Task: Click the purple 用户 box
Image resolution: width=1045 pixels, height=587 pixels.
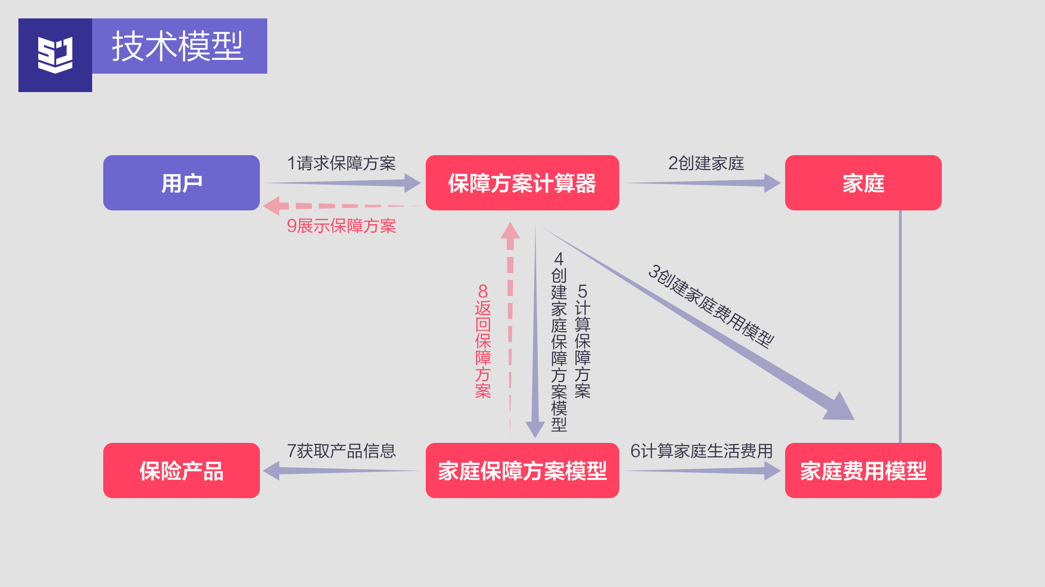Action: (x=181, y=183)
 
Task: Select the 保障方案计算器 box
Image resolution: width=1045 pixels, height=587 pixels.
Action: (x=522, y=183)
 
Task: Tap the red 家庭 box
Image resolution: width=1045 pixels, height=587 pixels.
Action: (x=863, y=183)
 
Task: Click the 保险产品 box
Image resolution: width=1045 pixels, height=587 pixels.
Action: (x=181, y=471)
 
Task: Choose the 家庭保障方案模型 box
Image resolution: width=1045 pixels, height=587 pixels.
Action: (x=522, y=471)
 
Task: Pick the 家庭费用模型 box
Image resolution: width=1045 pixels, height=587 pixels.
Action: (x=863, y=471)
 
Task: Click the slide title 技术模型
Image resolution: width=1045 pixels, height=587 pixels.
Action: (x=178, y=46)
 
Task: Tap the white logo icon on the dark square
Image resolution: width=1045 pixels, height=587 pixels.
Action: (x=55, y=55)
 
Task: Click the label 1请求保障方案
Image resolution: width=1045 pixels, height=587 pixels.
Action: (x=341, y=163)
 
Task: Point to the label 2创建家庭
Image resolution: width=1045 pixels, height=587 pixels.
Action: (x=706, y=163)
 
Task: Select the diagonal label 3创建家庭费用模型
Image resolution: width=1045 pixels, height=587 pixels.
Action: (x=711, y=306)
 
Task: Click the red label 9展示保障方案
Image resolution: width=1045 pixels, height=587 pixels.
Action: (x=341, y=226)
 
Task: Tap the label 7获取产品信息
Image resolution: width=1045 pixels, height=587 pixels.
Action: (x=341, y=451)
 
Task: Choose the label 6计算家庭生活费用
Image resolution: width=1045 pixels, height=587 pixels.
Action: (x=701, y=451)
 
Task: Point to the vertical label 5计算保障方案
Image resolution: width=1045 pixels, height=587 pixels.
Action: (x=582, y=341)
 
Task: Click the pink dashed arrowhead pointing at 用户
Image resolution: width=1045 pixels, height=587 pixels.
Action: (x=273, y=206)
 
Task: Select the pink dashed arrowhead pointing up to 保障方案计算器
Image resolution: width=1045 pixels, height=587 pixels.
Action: (x=510, y=232)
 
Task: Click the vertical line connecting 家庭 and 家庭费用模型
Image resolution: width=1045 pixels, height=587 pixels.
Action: (x=900, y=327)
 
